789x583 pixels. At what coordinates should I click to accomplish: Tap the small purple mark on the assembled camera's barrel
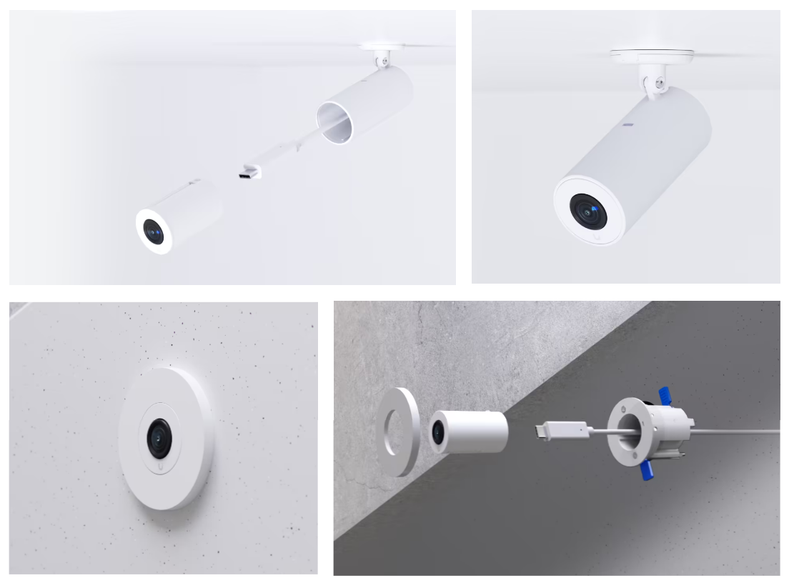coord(628,126)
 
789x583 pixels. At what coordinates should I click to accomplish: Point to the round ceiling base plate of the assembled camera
coord(651,55)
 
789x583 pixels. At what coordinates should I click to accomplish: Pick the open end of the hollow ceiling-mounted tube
coord(334,122)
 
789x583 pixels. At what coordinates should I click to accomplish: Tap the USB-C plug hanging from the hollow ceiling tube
coord(249,172)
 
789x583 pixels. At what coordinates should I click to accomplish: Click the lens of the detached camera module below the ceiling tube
coord(153,231)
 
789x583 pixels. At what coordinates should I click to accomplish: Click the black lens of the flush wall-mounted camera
coord(160,435)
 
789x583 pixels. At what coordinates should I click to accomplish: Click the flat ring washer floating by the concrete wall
coord(398,432)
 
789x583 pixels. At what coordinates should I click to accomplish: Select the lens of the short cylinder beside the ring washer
coord(437,433)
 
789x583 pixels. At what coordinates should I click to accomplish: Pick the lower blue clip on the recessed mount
coord(648,471)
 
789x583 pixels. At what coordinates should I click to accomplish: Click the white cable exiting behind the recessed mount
coord(743,431)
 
